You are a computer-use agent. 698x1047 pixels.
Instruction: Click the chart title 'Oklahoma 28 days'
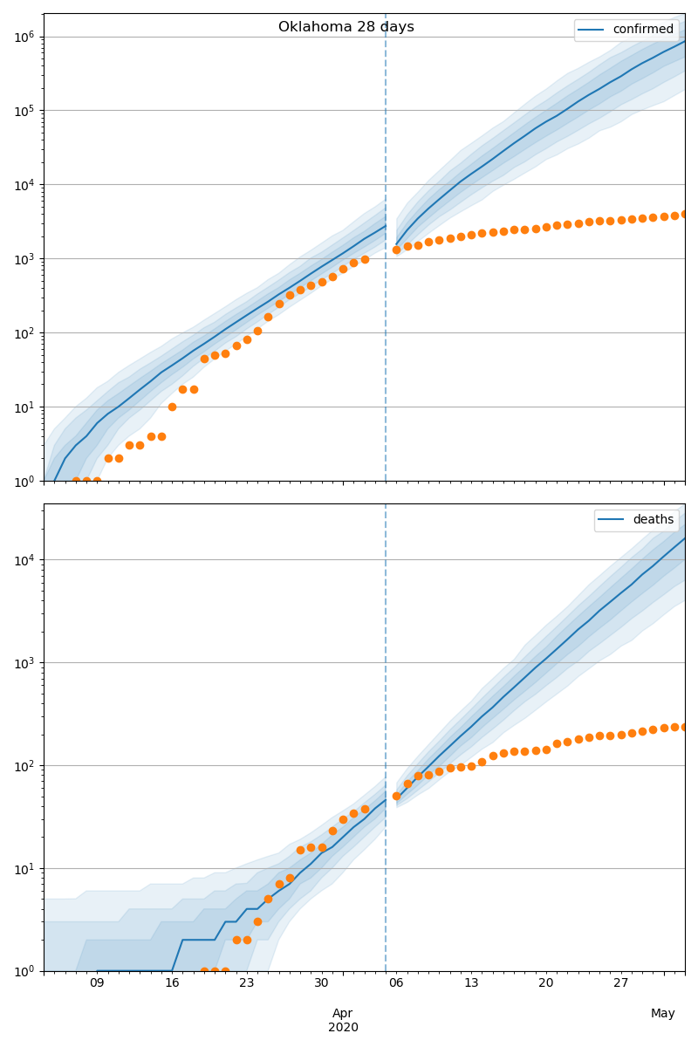pyautogui.click(x=346, y=27)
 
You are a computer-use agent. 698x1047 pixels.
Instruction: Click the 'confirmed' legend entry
pyautogui.click(x=642, y=30)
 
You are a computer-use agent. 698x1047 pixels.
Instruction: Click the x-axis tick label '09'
pyautogui.click(x=97, y=984)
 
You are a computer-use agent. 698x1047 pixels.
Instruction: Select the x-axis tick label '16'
pyautogui.click(x=172, y=984)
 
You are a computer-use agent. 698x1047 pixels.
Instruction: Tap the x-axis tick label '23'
pyautogui.click(x=247, y=984)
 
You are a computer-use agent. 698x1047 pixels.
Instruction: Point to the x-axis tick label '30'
pyautogui.click(x=322, y=984)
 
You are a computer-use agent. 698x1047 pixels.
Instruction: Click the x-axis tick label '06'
pyautogui.click(x=396, y=984)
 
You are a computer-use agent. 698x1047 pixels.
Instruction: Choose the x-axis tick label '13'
pyautogui.click(x=471, y=984)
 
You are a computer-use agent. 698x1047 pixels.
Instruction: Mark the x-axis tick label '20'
pyautogui.click(x=546, y=984)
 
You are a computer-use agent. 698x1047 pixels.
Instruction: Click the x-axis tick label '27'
pyautogui.click(x=621, y=984)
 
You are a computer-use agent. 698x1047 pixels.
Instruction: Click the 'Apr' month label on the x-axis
pyautogui.click(x=343, y=1013)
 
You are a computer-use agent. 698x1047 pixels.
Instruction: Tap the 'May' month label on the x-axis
pyautogui.click(x=663, y=1013)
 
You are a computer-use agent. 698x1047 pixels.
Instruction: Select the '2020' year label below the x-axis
pyautogui.click(x=343, y=1028)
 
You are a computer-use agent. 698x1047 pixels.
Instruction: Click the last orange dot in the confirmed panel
pyautogui.click(x=685, y=214)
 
